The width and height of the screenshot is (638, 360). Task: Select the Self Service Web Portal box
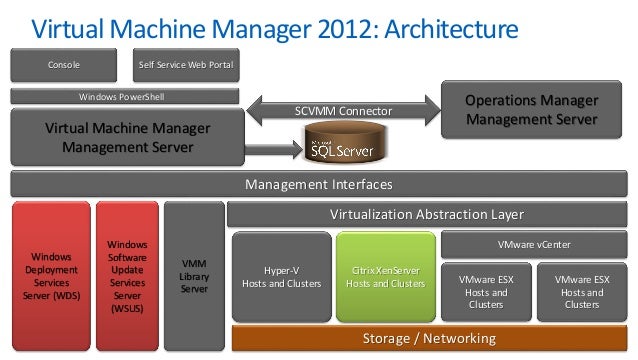tap(186, 66)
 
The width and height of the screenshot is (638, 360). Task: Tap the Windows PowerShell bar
tap(122, 97)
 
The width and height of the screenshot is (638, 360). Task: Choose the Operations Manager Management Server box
tap(531, 111)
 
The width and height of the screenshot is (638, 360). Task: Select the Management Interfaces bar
tap(318, 185)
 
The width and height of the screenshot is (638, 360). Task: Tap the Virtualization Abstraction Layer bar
tap(427, 214)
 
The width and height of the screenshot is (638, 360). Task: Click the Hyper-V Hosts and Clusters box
tap(281, 277)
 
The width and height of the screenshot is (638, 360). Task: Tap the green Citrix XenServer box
tap(384, 277)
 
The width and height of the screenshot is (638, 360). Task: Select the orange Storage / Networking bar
tap(427, 338)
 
